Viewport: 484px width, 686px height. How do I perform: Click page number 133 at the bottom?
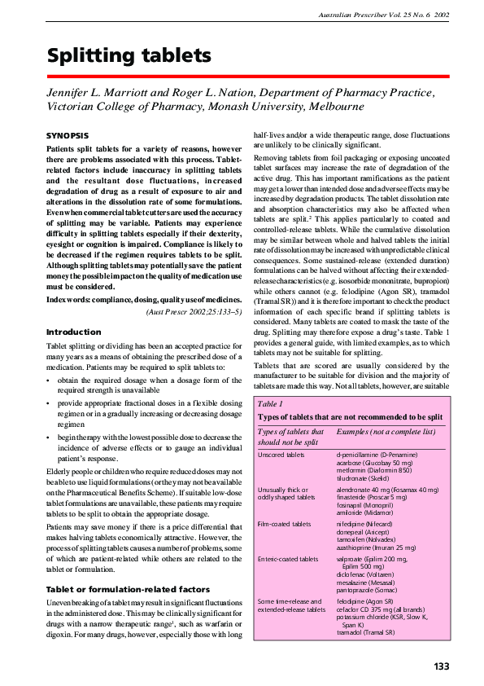(441, 666)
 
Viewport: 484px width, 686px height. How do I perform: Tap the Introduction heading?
(73, 332)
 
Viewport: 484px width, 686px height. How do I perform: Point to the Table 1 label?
(270, 403)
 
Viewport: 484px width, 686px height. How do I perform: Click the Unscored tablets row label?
(281, 454)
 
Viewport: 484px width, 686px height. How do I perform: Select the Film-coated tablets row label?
(284, 525)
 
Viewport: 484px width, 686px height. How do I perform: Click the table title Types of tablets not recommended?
(350, 416)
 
